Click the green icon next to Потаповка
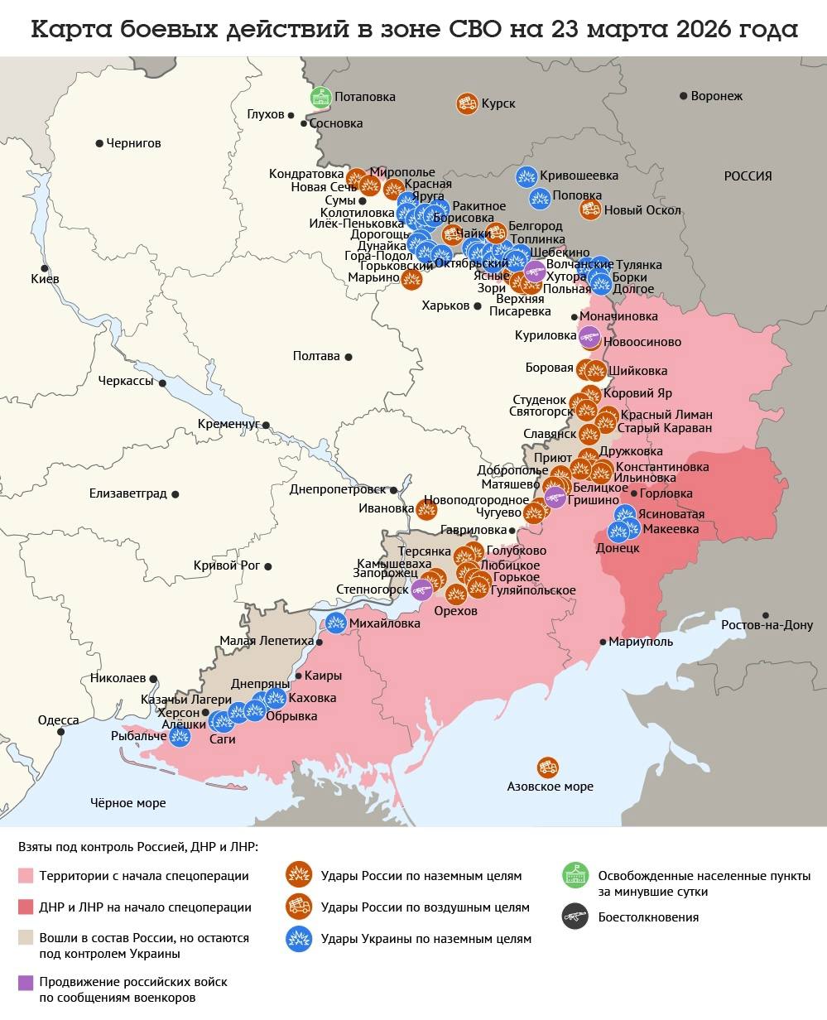(320, 97)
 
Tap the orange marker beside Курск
(467, 103)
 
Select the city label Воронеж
(717, 96)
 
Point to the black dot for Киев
(45, 268)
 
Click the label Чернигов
(133, 143)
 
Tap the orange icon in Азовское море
(547, 767)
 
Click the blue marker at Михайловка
(336, 623)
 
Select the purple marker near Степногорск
(421, 589)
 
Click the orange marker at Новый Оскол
(590, 209)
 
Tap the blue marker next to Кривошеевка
(526, 176)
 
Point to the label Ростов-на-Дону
(767, 625)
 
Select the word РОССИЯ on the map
(748, 176)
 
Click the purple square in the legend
(26, 982)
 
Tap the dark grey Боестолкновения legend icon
(575, 917)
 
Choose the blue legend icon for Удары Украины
(297, 938)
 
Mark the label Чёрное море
(127, 802)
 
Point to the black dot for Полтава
(349, 357)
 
